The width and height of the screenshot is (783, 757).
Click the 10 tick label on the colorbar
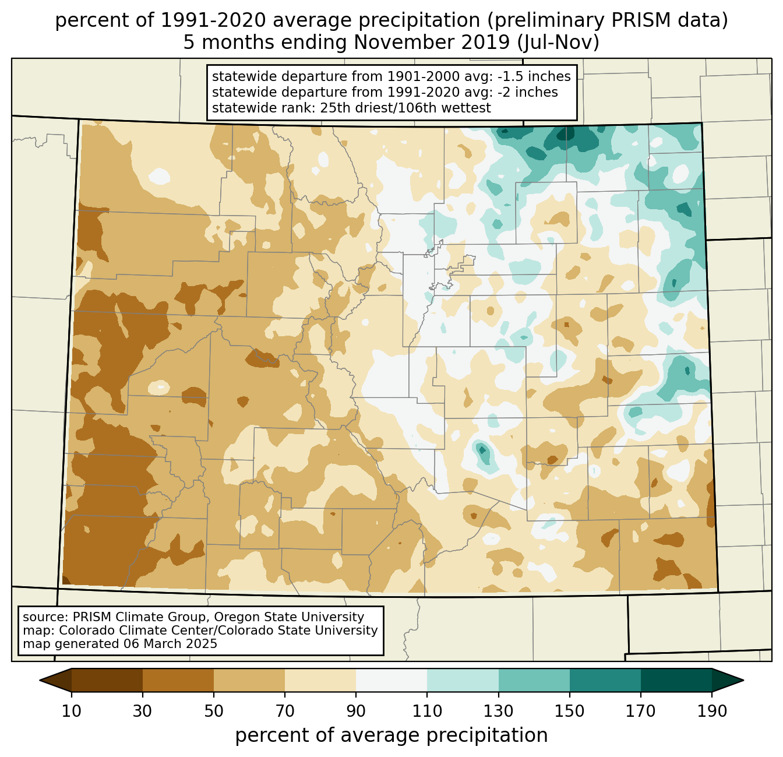tap(72, 712)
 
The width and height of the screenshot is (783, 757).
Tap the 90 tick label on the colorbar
tap(356, 712)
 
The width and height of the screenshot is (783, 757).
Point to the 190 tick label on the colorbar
tap(712, 712)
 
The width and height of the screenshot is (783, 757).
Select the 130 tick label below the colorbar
tap(499, 712)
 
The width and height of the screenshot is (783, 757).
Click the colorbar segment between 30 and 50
tap(178, 680)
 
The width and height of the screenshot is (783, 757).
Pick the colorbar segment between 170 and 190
tap(676, 680)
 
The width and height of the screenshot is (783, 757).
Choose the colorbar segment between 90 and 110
tap(391, 680)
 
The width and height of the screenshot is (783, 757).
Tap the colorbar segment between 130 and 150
tap(534, 680)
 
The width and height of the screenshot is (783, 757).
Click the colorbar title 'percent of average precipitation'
tap(391, 735)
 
